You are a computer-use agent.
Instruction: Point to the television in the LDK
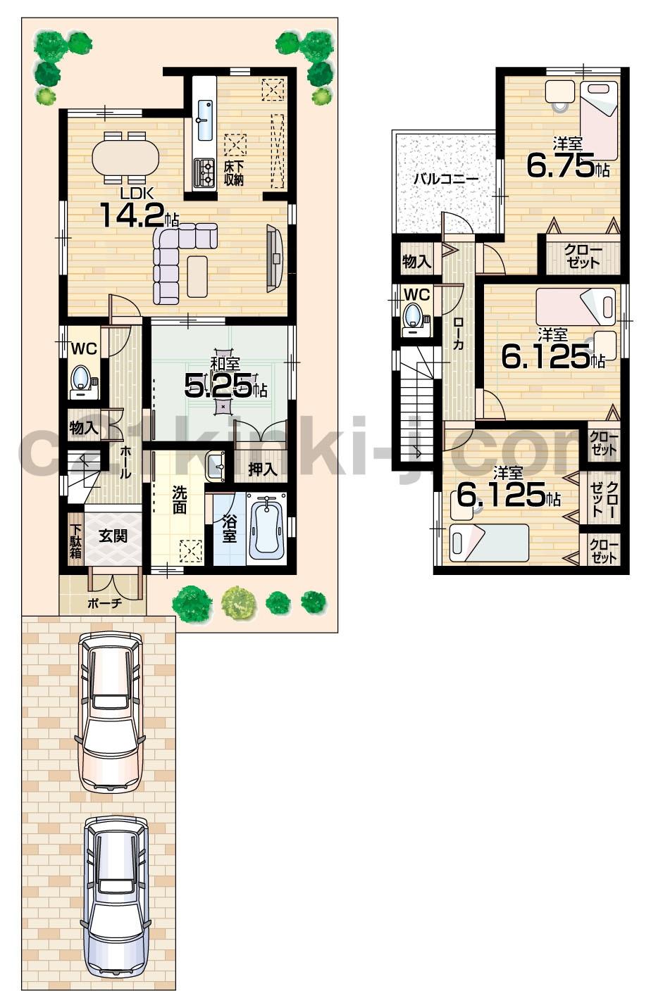(275, 258)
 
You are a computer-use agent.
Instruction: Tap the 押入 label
(262, 469)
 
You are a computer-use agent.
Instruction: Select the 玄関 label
(113, 536)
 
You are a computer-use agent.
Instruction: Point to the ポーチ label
(105, 602)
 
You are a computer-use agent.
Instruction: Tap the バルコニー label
(445, 179)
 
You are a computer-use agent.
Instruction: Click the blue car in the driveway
(116, 897)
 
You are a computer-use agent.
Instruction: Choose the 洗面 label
(180, 499)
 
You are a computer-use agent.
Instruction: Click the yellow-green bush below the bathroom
(238, 603)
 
